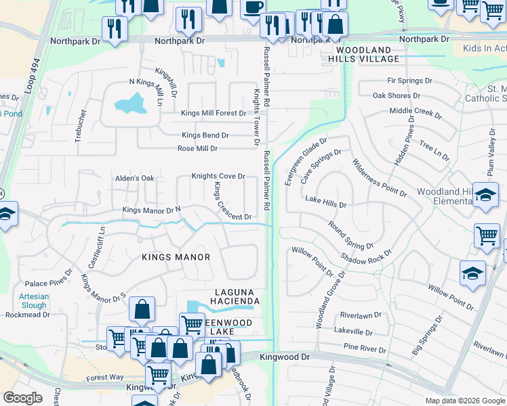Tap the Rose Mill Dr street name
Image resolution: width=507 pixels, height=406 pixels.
click(x=197, y=148)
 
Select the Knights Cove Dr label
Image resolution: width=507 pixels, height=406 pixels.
click(x=218, y=176)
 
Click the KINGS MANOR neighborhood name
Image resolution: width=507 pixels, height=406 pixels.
click(x=176, y=257)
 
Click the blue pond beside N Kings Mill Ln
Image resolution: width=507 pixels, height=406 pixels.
click(x=131, y=104)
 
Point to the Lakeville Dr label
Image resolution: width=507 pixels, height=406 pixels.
click(x=353, y=332)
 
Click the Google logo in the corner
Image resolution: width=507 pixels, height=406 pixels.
click(x=22, y=398)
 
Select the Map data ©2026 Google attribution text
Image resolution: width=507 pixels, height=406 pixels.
click(x=465, y=401)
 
